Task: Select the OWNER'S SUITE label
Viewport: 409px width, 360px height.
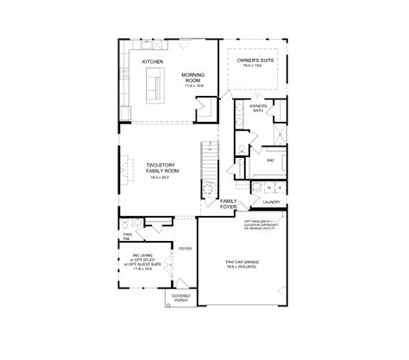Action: pos(255,59)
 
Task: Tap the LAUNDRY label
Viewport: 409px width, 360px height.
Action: pos(284,202)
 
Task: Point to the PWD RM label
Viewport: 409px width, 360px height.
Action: pos(127,235)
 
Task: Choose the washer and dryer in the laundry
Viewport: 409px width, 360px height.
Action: pos(267,187)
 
